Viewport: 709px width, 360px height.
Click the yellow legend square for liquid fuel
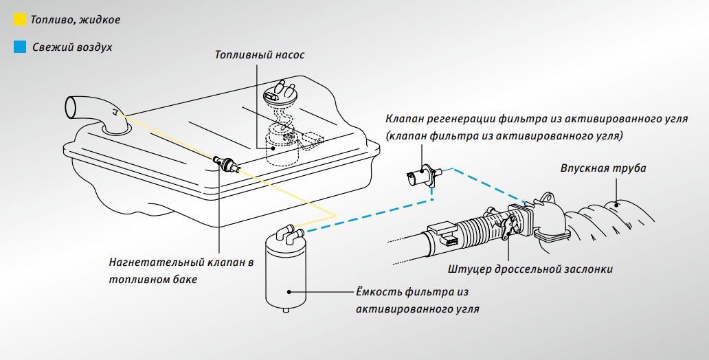pos(19,20)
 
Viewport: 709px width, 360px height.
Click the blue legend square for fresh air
pos(19,47)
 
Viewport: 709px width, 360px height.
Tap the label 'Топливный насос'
pos(259,54)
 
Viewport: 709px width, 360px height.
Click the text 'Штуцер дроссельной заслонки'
pos(530,269)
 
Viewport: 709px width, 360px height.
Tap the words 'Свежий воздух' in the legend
pos(71,47)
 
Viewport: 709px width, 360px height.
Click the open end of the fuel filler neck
pos(71,107)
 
